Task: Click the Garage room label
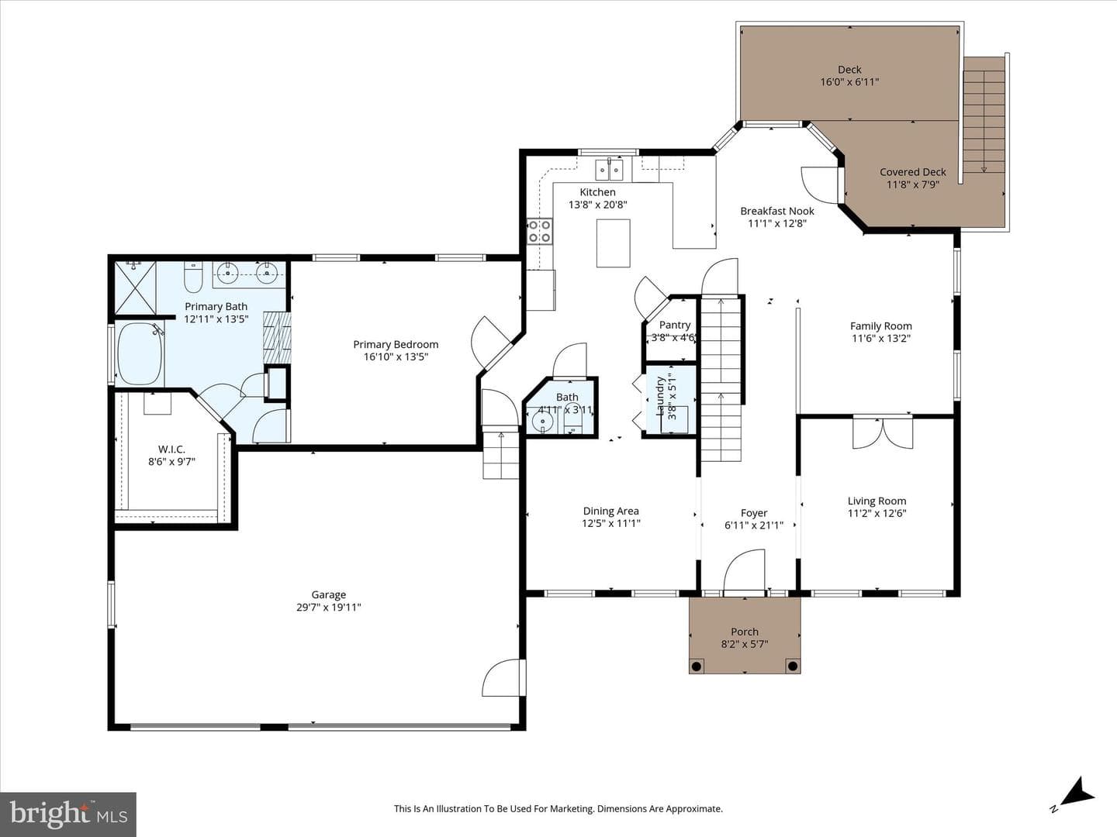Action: pyautogui.click(x=329, y=594)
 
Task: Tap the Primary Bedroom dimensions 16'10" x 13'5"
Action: pyautogui.click(x=396, y=356)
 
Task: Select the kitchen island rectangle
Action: pyautogui.click(x=614, y=243)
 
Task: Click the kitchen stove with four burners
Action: pyautogui.click(x=539, y=231)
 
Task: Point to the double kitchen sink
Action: pyautogui.click(x=609, y=170)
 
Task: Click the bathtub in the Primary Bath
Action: pyautogui.click(x=140, y=353)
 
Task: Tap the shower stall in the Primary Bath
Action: pyautogui.click(x=136, y=288)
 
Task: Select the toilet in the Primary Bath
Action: pyautogui.click(x=193, y=277)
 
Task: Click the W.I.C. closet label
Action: pyautogui.click(x=171, y=449)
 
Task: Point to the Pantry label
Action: pyautogui.click(x=675, y=325)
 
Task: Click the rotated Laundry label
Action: pyautogui.click(x=660, y=396)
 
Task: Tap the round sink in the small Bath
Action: pyautogui.click(x=543, y=422)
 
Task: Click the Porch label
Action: pyautogui.click(x=745, y=632)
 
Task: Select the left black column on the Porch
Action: pyautogui.click(x=697, y=666)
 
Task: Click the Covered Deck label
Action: pyautogui.click(x=913, y=172)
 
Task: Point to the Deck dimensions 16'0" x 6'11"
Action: pyautogui.click(x=850, y=82)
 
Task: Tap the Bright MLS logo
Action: pyautogui.click(x=68, y=814)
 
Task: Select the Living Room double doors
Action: pyautogui.click(x=883, y=432)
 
